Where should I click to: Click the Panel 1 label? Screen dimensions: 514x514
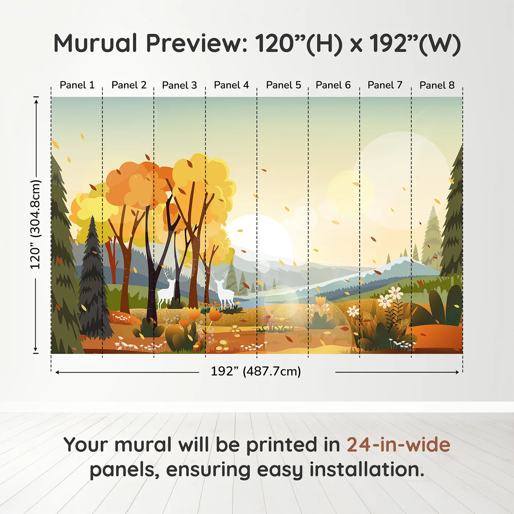(x=77, y=85)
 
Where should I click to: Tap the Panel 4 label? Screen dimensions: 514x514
(x=231, y=85)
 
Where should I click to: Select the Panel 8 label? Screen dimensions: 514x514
(x=437, y=85)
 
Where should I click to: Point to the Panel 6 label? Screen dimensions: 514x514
(x=333, y=85)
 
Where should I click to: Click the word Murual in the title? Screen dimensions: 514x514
(x=95, y=43)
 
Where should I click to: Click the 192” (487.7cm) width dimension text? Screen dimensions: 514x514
(x=256, y=371)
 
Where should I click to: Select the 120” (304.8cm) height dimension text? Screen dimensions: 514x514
(x=35, y=225)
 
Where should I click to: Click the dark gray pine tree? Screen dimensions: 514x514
(x=93, y=283)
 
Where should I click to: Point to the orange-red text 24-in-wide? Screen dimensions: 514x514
(x=398, y=445)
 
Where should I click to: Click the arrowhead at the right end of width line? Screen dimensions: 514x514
(x=457, y=372)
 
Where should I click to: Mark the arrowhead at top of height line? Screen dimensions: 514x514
(x=36, y=101)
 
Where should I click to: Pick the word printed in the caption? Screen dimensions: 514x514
(x=281, y=445)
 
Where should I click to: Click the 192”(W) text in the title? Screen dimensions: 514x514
(x=415, y=43)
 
